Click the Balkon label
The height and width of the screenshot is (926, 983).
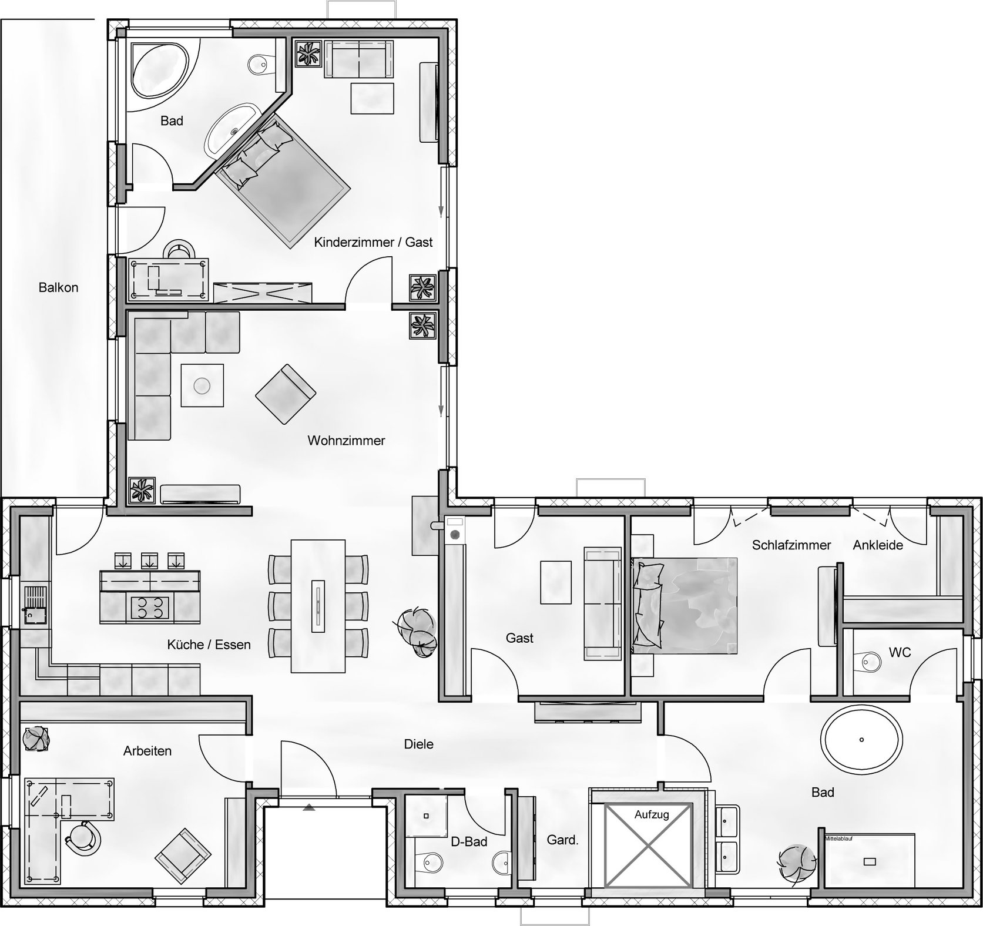tap(58, 287)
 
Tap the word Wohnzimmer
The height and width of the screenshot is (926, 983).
tap(346, 440)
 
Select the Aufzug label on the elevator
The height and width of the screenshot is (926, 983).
tap(652, 815)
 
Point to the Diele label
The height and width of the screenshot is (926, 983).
tap(419, 744)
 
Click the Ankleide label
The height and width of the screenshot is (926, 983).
tap(878, 545)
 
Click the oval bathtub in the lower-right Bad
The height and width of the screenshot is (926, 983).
tap(862, 739)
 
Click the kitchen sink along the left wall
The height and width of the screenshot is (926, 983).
tap(35, 605)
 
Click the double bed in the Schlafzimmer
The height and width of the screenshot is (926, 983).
tap(685, 606)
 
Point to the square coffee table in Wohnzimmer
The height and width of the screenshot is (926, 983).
tap(202, 385)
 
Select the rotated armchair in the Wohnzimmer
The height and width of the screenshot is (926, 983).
tap(286, 394)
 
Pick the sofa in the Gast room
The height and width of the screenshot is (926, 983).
tap(602, 603)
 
